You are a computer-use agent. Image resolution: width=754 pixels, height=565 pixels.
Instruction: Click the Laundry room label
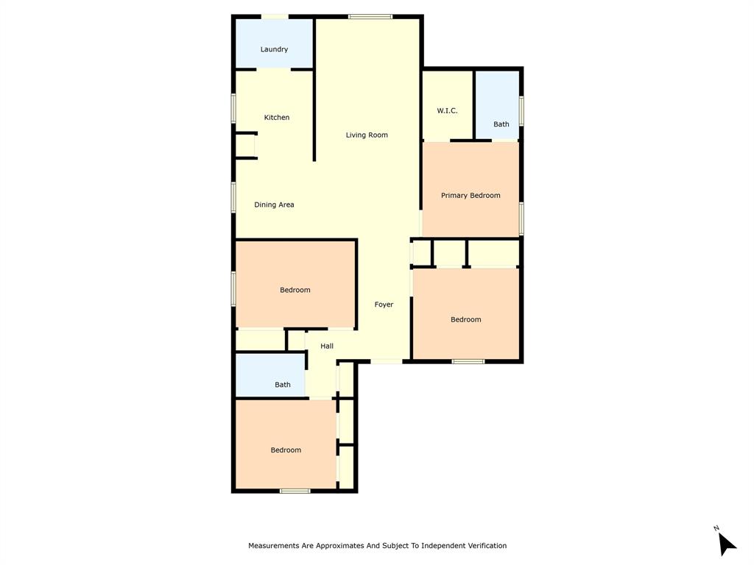274,49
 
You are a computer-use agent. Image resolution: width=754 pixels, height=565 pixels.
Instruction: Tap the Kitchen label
277,118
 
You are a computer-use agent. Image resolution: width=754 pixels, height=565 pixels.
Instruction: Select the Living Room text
367,135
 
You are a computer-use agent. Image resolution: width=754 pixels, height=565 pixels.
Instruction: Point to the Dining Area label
274,205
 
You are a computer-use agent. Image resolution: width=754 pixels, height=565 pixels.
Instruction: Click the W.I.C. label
447,111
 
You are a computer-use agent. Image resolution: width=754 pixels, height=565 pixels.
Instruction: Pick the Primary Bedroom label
471,196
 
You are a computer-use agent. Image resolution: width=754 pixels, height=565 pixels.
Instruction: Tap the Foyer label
384,305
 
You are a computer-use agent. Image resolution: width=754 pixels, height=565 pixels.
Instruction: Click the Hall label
327,346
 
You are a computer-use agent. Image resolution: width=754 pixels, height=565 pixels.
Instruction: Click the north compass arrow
726,543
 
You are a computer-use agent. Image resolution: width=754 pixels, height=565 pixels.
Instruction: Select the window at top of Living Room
370,16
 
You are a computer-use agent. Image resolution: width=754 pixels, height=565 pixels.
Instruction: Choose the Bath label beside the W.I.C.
501,124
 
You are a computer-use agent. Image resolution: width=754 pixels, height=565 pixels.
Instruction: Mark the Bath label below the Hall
283,385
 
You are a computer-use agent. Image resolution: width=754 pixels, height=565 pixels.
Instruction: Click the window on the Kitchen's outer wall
233,108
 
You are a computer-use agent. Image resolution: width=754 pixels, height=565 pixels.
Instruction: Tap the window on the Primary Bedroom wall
521,218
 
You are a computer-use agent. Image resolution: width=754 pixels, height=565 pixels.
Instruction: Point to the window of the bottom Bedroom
295,491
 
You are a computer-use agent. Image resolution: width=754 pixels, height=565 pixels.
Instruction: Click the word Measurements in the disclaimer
274,546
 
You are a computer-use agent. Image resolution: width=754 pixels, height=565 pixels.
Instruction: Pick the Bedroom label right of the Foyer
466,319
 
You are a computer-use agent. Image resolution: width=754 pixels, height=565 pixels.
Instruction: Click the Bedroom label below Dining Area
295,290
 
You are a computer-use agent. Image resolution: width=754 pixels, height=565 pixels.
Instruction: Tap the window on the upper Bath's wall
521,110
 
